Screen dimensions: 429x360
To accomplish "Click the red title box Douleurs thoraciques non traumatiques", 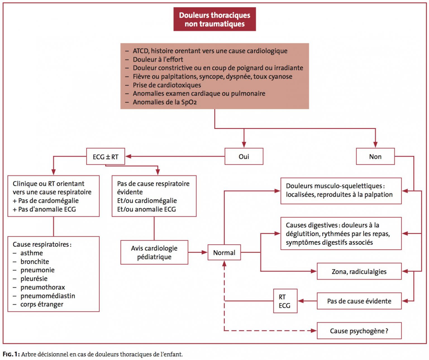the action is (x=214, y=19).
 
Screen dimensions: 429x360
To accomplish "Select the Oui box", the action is (x=244, y=156).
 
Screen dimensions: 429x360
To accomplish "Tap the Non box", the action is (x=375, y=156).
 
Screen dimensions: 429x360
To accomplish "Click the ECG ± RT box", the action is (x=106, y=156).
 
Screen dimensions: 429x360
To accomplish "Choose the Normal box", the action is (x=224, y=252).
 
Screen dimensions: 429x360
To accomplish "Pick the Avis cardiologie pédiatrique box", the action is (x=154, y=252).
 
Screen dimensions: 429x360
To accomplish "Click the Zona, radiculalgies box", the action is (x=359, y=271).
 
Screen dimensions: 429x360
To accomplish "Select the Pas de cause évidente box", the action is (x=359, y=301).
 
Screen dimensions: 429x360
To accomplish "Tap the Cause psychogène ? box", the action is (x=359, y=331).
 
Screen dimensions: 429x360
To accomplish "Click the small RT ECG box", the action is (x=285, y=301).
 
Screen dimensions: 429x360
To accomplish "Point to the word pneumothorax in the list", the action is (x=42, y=287).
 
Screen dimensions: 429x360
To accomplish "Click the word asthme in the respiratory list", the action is (x=32, y=253).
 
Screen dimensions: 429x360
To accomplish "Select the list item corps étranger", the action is (x=42, y=304).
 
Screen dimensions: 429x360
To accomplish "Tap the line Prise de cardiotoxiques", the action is (x=167, y=85).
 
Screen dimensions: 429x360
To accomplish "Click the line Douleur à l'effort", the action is (x=158, y=59).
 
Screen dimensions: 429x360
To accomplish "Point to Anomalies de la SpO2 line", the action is (x=165, y=102).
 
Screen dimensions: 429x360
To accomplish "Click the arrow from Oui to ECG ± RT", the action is (x=175, y=156).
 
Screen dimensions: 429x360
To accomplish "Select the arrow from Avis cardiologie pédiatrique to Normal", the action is (x=198, y=252).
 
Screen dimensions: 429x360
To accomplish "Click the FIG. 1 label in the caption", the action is (x=11, y=354).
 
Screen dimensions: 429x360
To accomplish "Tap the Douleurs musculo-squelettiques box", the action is (x=341, y=191).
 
